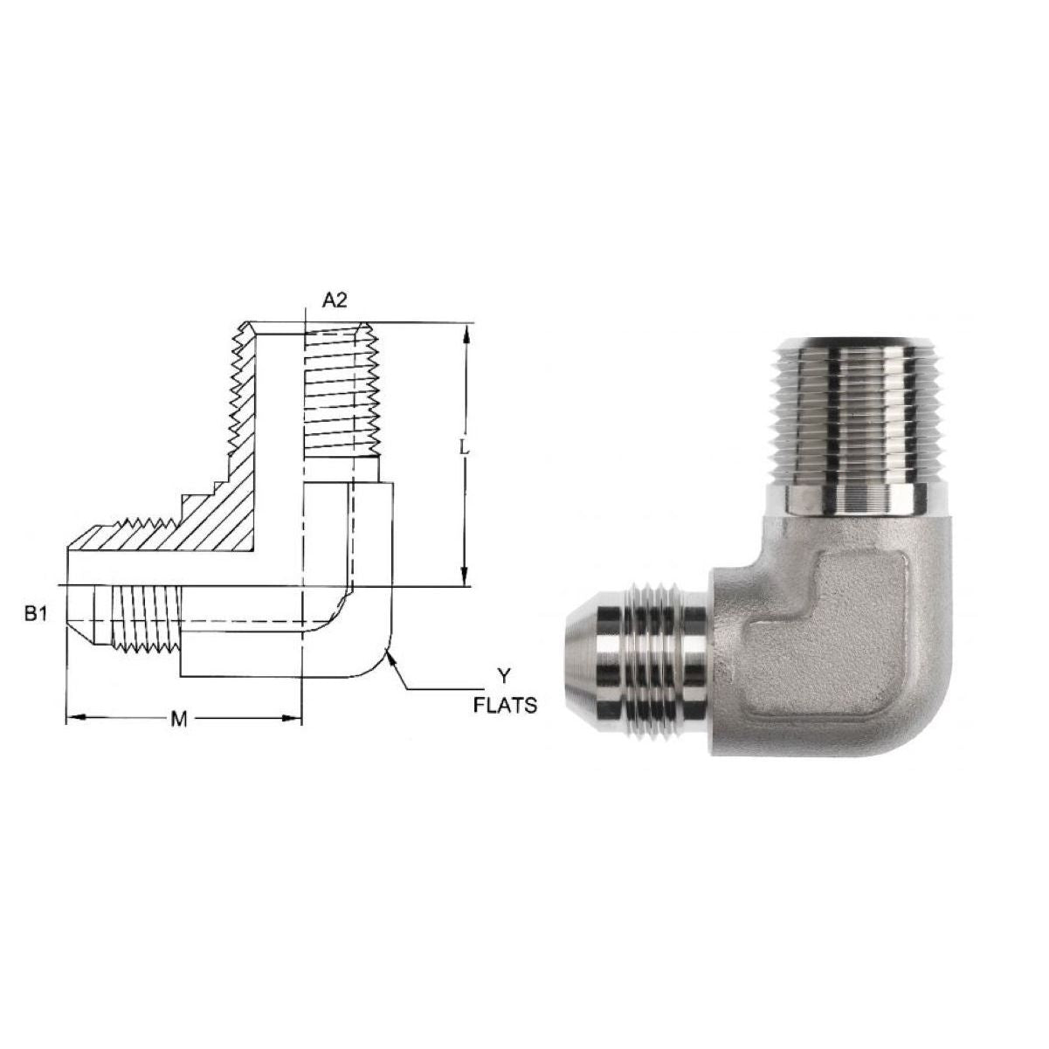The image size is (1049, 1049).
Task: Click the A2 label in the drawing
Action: click(335, 300)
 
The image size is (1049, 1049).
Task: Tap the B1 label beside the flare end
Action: click(36, 614)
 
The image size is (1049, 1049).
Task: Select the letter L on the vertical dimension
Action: click(464, 448)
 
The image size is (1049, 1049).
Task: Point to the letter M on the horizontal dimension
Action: click(178, 720)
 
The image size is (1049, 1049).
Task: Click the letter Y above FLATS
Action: click(505, 677)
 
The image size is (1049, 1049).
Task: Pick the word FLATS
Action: click(505, 706)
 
